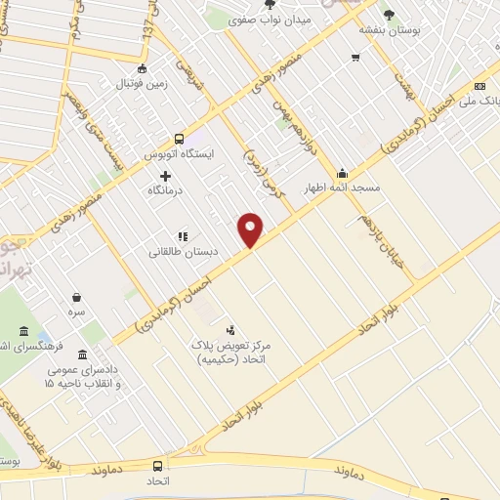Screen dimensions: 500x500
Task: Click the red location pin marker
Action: [x=251, y=229]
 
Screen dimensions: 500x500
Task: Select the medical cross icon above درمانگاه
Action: [x=165, y=176]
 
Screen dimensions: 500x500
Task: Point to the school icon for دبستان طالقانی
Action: [x=182, y=235]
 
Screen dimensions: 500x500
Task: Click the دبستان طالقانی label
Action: [x=182, y=251]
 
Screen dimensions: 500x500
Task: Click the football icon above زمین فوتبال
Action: [x=143, y=68]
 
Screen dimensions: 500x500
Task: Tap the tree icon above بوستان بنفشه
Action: [x=389, y=15]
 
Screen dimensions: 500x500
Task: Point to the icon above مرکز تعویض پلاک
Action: [x=231, y=330]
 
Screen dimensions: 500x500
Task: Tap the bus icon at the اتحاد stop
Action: [x=158, y=466]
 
